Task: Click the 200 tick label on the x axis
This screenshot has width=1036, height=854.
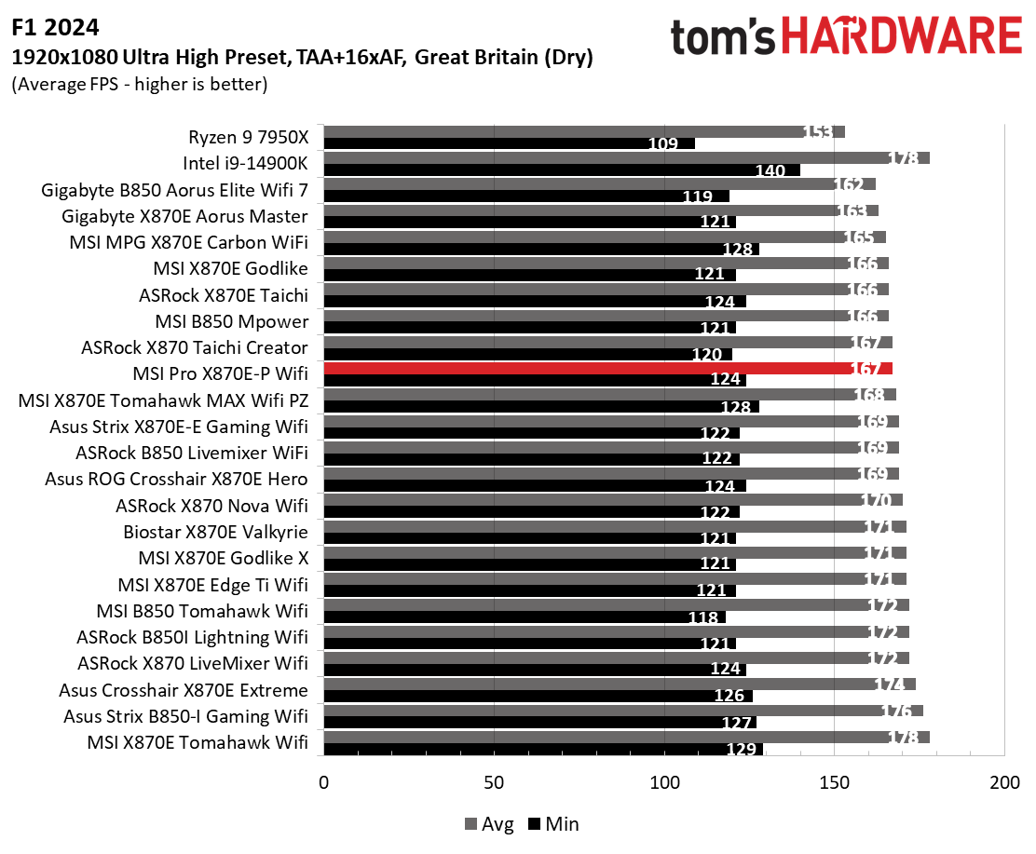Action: [x=1004, y=782]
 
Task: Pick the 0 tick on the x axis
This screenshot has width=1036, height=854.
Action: [x=324, y=782]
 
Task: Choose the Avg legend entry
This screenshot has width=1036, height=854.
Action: [x=488, y=824]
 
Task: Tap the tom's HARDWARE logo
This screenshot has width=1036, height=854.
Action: [x=846, y=36]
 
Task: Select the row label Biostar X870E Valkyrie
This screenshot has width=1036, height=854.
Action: [x=215, y=533]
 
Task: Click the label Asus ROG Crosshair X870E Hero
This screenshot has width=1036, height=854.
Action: [x=176, y=480]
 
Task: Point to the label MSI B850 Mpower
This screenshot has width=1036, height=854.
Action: [x=231, y=321]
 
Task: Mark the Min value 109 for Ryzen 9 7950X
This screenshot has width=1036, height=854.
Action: [x=667, y=144]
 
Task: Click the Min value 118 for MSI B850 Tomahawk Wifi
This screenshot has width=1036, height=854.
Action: [x=702, y=617]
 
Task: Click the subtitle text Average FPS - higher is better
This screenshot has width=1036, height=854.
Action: [x=140, y=85]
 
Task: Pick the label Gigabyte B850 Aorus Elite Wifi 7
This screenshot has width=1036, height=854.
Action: [x=175, y=190]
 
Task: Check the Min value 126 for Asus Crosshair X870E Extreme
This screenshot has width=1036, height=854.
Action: [x=729, y=696]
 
